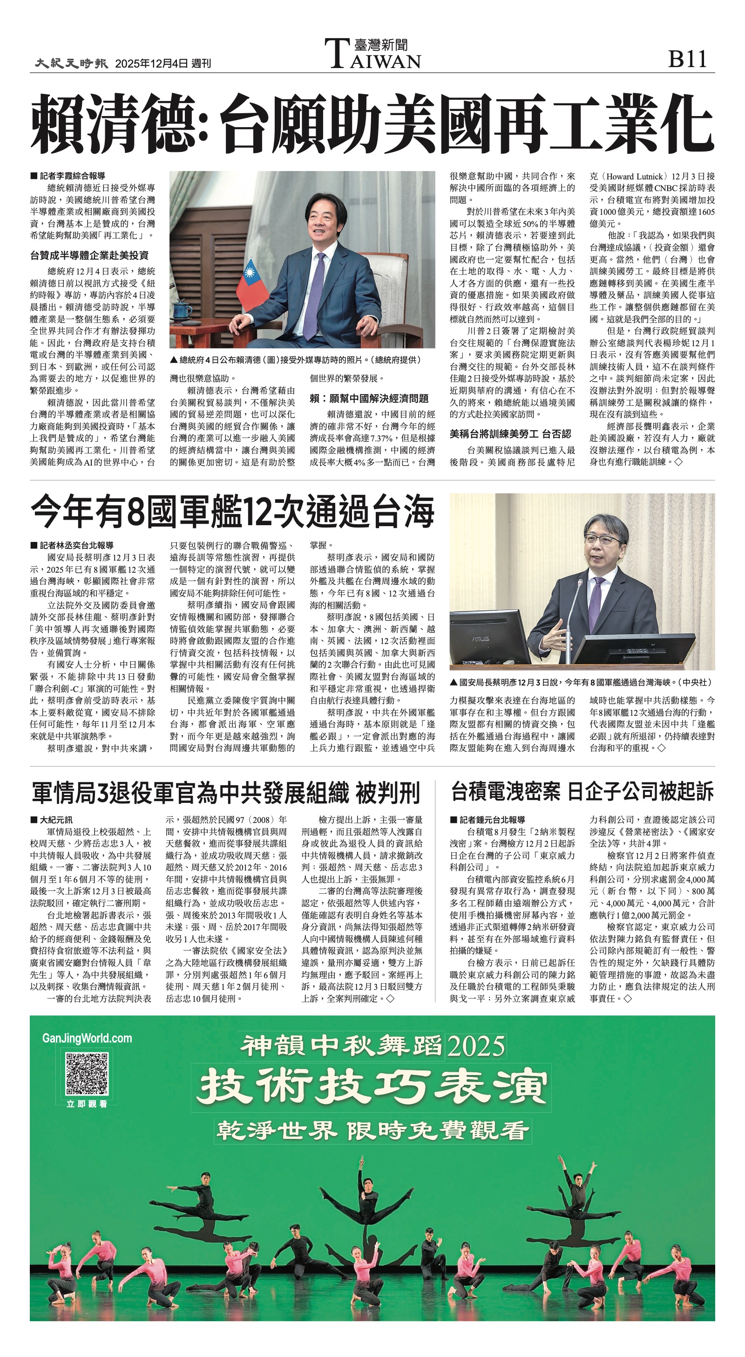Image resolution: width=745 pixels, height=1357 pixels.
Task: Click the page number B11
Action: point(687,59)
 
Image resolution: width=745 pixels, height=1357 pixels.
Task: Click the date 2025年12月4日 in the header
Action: point(151,64)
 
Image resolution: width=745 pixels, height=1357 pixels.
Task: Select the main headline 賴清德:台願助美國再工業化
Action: point(372,124)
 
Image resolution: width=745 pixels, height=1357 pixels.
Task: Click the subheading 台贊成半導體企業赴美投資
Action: point(89,255)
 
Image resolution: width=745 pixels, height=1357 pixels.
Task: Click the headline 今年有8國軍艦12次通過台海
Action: point(232,512)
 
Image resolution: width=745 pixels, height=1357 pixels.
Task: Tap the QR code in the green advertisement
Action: point(87,1073)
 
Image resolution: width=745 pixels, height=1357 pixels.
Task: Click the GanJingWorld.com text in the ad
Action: point(87,1038)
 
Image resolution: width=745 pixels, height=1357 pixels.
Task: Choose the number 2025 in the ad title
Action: point(475,1047)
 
